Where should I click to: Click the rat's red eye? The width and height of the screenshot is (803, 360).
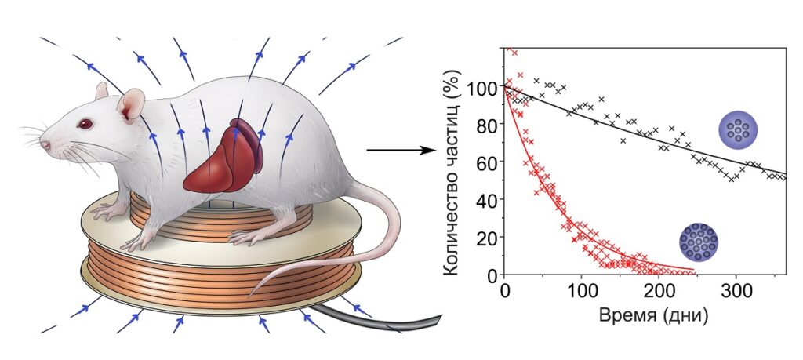[82, 124]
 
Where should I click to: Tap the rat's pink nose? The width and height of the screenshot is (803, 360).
[44, 144]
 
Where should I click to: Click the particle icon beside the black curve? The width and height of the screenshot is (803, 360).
[738, 129]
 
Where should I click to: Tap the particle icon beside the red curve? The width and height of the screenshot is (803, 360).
[699, 242]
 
